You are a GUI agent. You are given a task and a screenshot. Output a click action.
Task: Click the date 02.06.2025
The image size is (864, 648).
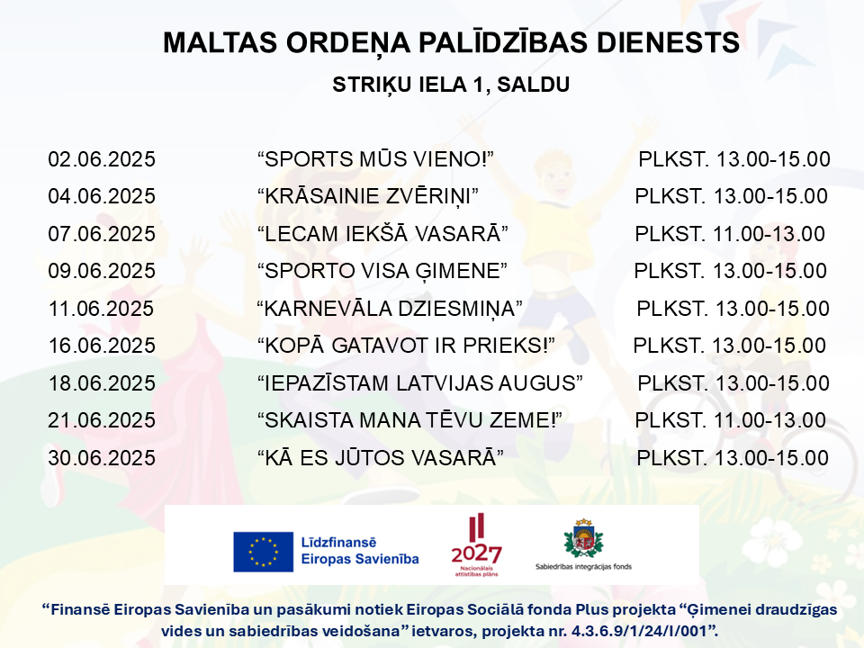point(102,159)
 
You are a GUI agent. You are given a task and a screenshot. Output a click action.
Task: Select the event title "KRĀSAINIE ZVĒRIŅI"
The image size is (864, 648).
point(368,196)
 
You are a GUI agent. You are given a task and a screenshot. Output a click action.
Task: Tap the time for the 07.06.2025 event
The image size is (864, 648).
point(730,234)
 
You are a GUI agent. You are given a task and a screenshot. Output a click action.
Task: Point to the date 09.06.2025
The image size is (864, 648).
point(102,271)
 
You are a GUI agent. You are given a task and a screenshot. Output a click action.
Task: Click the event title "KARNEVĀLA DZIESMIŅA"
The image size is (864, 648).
point(390,309)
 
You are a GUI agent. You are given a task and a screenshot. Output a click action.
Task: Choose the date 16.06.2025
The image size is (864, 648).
point(102,346)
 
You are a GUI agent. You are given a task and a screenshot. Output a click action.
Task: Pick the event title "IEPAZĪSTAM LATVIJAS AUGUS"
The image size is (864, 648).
point(420,383)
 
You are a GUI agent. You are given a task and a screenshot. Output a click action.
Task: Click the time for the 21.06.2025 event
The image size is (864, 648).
point(730,420)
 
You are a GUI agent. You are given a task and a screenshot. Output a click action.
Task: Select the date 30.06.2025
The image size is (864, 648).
point(102,458)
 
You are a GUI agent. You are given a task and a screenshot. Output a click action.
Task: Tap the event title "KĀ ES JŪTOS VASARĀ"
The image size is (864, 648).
point(381,457)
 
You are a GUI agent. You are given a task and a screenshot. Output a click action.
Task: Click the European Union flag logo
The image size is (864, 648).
point(263,552)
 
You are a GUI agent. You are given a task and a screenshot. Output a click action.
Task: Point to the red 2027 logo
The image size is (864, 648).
point(477,545)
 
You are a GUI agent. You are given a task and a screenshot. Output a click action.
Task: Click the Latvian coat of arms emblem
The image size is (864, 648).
point(583,538)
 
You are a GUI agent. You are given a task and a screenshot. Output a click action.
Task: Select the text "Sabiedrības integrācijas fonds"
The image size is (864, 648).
point(583,566)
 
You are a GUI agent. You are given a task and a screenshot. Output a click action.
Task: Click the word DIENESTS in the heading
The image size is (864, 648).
point(668,42)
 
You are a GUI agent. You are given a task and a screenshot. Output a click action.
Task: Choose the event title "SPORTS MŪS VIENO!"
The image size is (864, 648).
point(375,158)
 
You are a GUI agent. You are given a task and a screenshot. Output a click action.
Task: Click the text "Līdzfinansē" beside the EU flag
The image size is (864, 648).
point(338,542)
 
